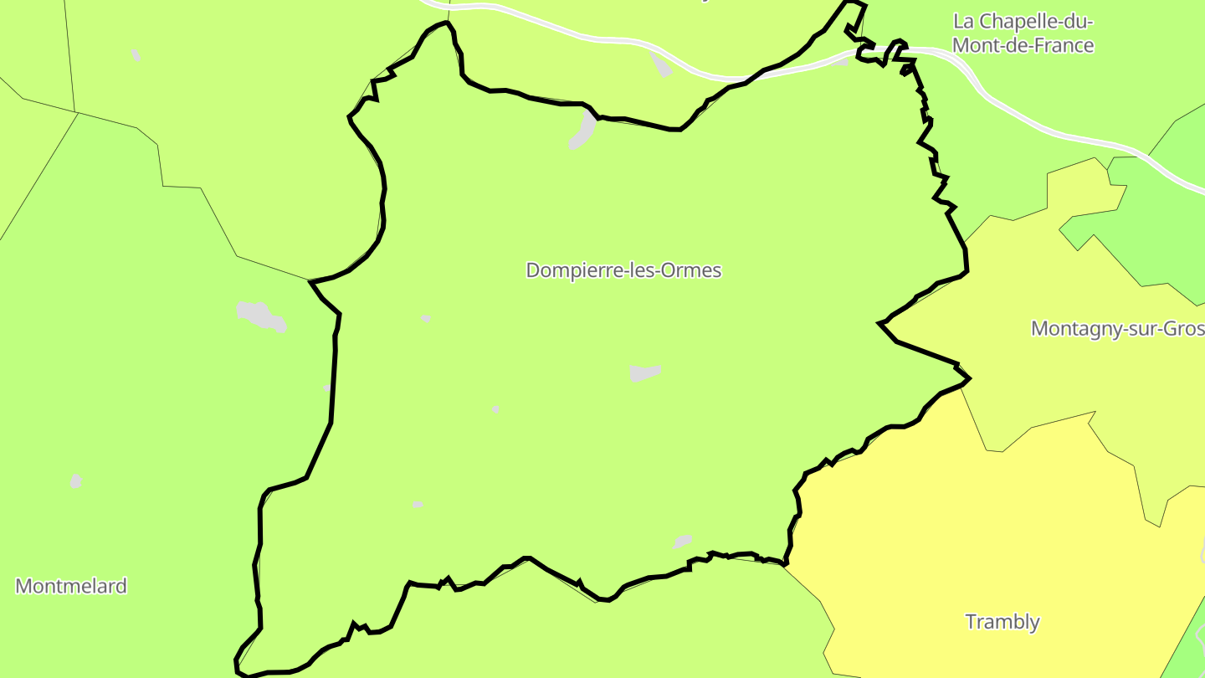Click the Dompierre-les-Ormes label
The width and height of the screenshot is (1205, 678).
click(x=623, y=270)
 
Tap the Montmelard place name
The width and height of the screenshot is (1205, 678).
click(x=71, y=586)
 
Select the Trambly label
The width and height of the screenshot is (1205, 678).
click(x=1002, y=622)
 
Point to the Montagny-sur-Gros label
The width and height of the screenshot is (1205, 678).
click(x=1117, y=328)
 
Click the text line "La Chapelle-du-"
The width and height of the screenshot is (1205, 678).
click(x=1024, y=21)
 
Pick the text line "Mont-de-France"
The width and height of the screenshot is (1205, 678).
click(x=1023, y=45)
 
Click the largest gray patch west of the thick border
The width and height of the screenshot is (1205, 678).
click(x=261, y=316)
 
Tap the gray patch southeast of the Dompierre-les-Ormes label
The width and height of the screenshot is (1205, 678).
click(x=644, y=372)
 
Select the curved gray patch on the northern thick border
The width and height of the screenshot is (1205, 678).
click(x=583, y=132)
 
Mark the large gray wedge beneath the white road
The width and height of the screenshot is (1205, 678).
click(x=661, y=64)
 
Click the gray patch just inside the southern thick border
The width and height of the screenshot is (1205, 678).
click(x=683, y=542)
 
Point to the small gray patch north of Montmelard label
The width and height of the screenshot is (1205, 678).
click(x=76, y=481)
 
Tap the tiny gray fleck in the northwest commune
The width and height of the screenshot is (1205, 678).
click(x=136, y=55)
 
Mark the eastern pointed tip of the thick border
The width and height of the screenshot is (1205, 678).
click(x=970, y=379)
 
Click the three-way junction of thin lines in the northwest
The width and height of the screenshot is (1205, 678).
click(x=76, y=112)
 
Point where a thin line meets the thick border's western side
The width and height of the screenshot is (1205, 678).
click(x=310, y=280)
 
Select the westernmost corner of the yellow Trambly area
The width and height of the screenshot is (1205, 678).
click(x=785, y=566)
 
